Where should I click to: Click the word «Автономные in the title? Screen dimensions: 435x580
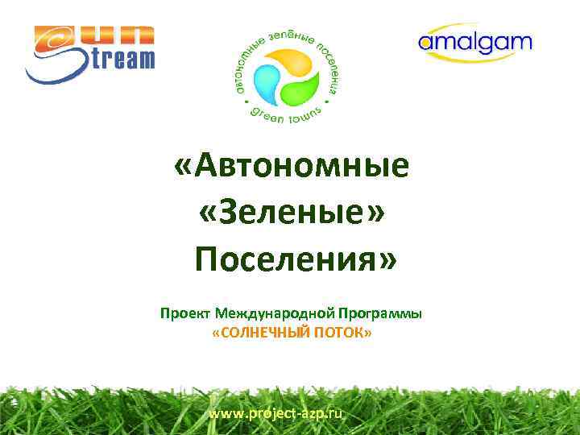point(292,167)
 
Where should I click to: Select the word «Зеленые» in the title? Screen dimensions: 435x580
point(292,213)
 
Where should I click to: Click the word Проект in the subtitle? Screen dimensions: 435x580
point(186,313)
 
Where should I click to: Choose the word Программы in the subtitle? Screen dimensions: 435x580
point(383,313)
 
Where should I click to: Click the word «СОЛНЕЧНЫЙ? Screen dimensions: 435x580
point(259,333)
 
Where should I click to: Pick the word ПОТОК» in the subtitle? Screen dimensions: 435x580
point(342,333)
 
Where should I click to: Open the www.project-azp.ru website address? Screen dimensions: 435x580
point(275,413)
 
